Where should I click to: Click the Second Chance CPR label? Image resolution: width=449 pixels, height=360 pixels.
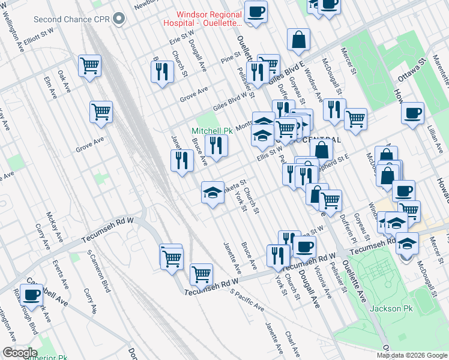(71, 19)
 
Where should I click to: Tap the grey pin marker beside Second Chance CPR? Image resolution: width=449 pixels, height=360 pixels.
(120, 19)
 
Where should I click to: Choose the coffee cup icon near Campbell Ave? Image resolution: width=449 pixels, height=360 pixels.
(31, 295)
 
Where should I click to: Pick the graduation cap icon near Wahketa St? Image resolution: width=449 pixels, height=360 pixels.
(212, 192)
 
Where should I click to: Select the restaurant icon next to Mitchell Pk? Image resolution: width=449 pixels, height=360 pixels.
(216, 145)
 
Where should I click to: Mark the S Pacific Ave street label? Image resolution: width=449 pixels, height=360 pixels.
(247, 299)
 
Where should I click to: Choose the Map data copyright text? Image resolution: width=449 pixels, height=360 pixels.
(412, 355)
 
